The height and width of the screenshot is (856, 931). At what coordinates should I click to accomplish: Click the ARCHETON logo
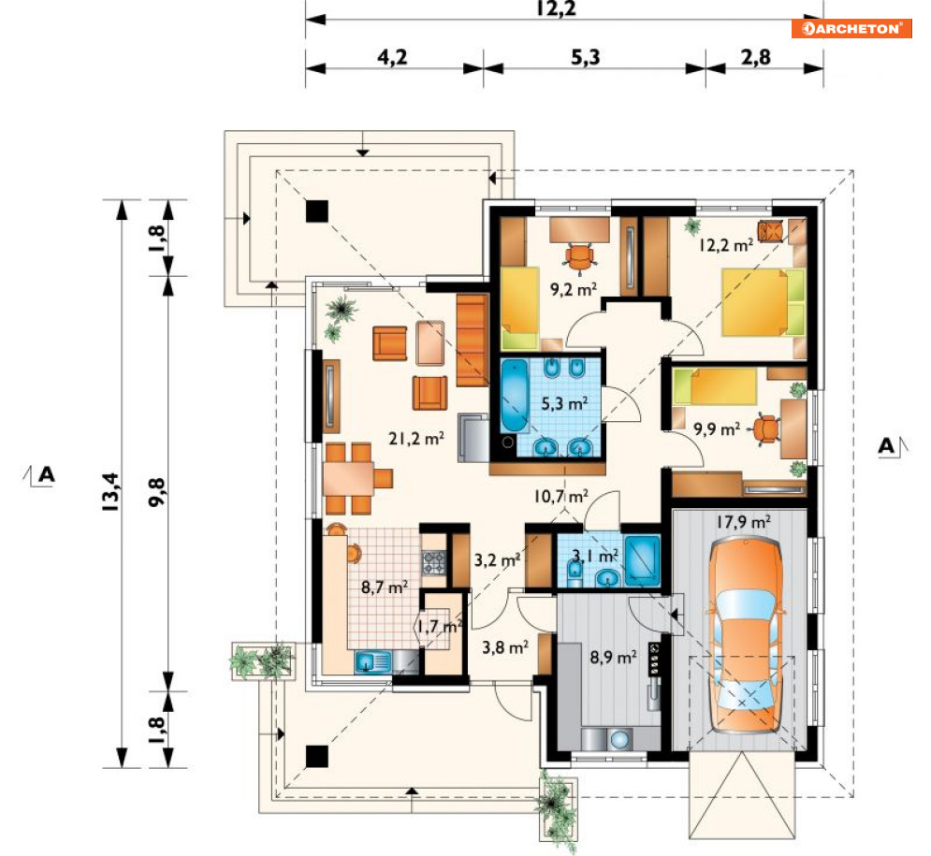pyautogui.click(x=851, y=28)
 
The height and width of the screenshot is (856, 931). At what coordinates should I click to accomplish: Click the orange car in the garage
pyautogui.click(x=745, y=633)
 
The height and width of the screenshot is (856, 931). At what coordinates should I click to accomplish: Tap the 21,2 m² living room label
pyautogui.click(x=416, y=439)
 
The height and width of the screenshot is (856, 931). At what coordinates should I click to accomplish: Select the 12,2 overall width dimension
pyautogui.click(x=556, y=8)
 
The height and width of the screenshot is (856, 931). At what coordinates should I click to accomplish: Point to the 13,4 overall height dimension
pyautogui.click(x=110, y=492)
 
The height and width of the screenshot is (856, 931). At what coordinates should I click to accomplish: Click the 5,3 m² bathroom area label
pyautogui.click(x=564, y=403)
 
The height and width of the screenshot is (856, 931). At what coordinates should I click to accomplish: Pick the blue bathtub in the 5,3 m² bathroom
pyautogui.click(x=515, y=396)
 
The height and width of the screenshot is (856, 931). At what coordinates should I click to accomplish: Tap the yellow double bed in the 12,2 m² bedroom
pyautogui.click(x=763, y=302)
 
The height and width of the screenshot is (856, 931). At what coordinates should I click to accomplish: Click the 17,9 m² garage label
pyautogui.click(x=743, y=522)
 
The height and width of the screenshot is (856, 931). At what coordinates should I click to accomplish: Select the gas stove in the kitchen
pyautogui.click(x=434, y=562)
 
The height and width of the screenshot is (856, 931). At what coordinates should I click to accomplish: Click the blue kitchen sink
pyautogui.click(x=372, y=661)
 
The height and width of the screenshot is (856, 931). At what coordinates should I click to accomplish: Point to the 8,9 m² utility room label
pyautogui.click(x=613, y=657)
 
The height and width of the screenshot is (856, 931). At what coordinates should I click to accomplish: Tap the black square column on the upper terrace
pyautogui.click(x=316, y=210)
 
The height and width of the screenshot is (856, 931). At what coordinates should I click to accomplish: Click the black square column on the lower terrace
pyautogui.click(x=316, y=757)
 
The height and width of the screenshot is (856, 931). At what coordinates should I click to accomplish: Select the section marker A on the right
pyautogui.click(x=893, y=446)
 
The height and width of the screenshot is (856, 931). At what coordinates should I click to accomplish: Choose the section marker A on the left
pyautogui.click(x=39, y=475)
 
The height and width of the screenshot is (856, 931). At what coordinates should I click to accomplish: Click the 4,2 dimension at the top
pyautogui.click(x=392, y=57)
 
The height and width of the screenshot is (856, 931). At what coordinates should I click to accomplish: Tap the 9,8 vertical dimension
pyautogui.click(x=157, y=492)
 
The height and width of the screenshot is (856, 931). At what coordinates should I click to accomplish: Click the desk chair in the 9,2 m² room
pyautogui.click(x=579, y=257)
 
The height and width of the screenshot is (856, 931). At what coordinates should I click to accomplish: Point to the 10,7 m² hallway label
pyautogui.click(x=561, y=496)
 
